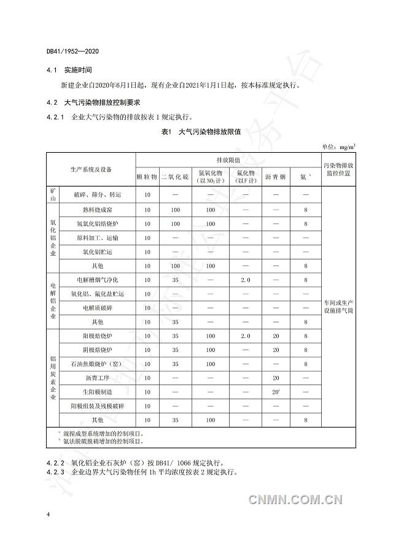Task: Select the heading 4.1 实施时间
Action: pos(72,71)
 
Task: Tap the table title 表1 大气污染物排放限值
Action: pos(201,132)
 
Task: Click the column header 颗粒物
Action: pos(147,177)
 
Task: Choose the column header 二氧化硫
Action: pos(176,177)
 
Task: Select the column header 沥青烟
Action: pos(275,177)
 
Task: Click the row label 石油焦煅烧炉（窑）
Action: pos(98,364)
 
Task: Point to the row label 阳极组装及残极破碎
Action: pos(98,405)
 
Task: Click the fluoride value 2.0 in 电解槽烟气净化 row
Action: pos(246,280)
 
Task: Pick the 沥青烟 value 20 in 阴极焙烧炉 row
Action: pos(275,350)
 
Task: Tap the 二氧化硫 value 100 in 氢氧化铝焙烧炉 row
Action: pos(176,224)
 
